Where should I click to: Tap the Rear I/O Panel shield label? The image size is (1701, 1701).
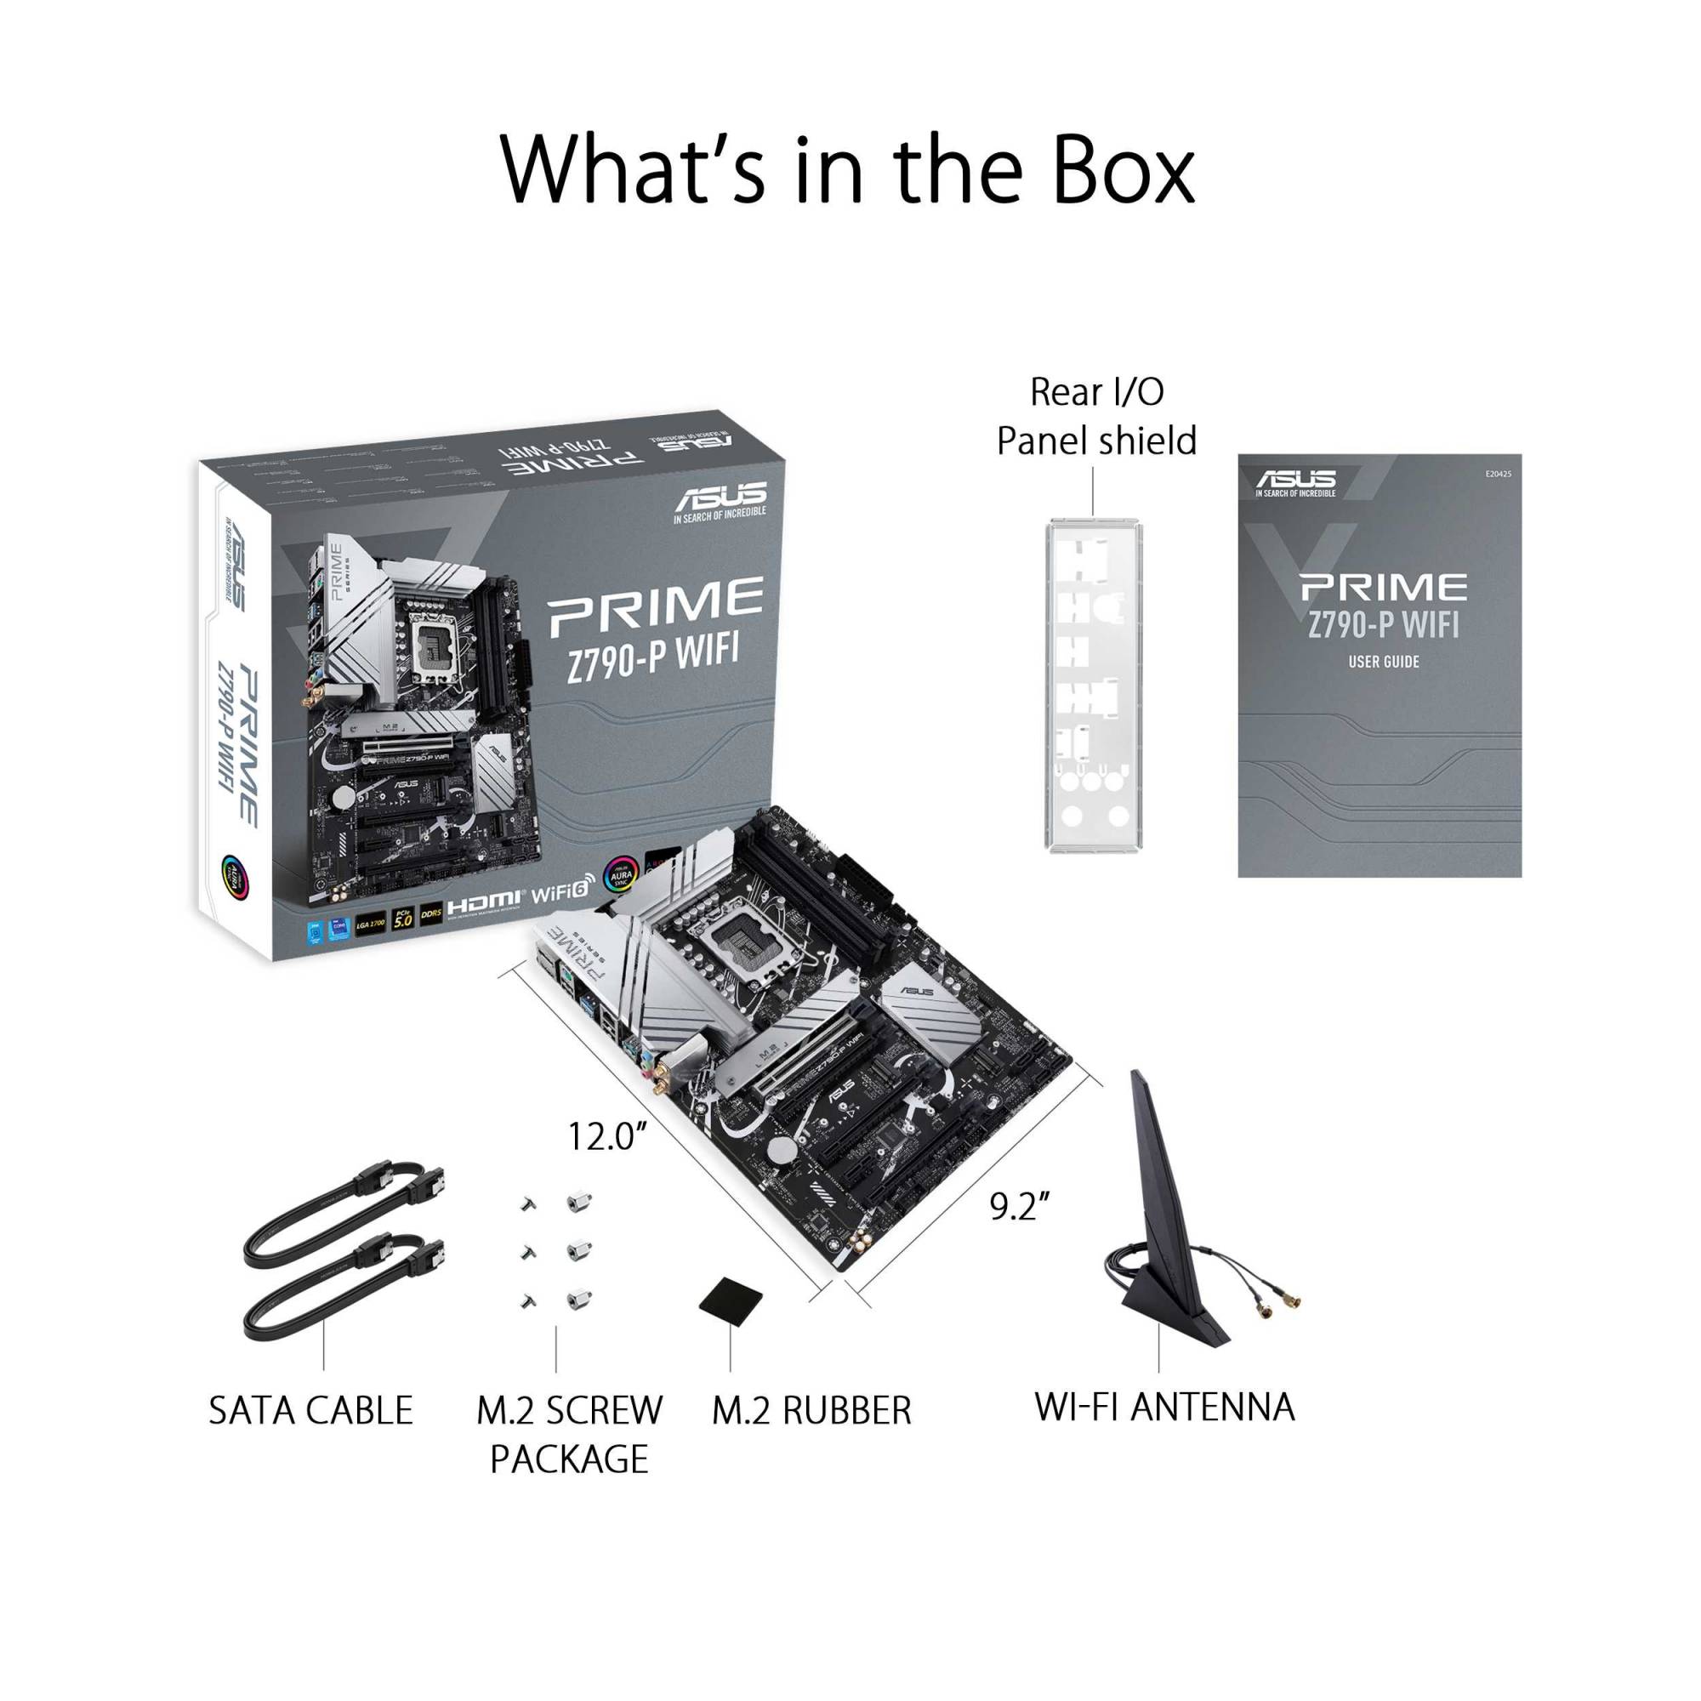pos(1096,417)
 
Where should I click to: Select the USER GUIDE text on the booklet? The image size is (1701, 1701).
pos(1383,661)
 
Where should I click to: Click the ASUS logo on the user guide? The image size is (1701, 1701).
pos(1295,481)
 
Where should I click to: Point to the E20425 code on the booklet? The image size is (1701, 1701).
pos(1498,474)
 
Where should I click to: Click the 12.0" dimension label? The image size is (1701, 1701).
pos(607,1136)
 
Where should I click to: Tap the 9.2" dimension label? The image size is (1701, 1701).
pos(1020,1206)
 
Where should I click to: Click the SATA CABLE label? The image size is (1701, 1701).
pos(310,1410)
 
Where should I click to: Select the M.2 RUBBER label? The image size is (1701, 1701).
pos(811,1410)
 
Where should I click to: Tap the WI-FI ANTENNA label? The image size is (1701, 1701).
pos(1164,1407)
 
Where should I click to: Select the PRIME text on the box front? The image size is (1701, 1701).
pos(656,606)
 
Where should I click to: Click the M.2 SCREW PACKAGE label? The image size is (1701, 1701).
pos(569,1434)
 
